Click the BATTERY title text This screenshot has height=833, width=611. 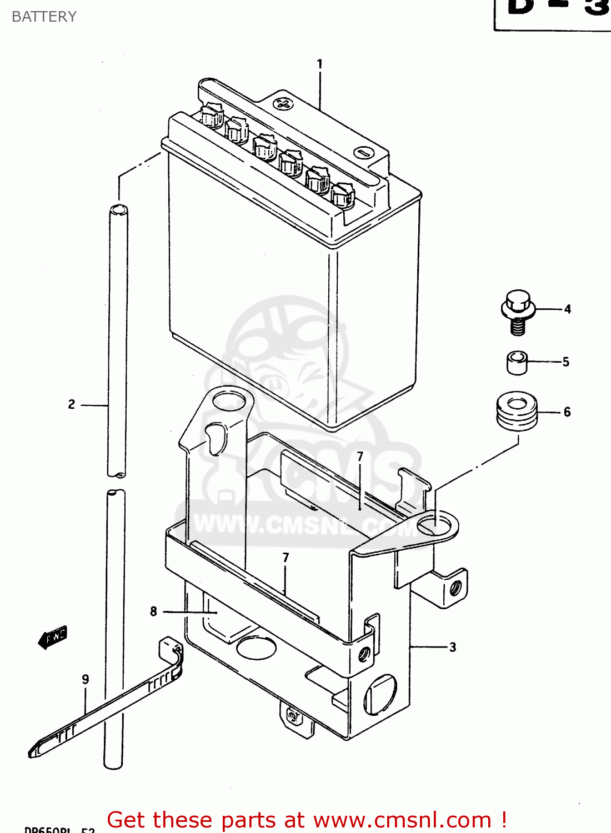point(44,17)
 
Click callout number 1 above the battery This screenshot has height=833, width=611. point(319,64)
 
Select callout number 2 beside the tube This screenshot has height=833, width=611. point(72,404)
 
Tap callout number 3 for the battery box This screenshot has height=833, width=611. point(453,647)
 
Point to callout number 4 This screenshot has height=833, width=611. point(567,309)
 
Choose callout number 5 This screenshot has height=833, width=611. point(565,362)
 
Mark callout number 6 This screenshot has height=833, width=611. point(567,412)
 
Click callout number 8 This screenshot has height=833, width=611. point(154,611)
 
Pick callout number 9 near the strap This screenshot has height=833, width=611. point(86,679)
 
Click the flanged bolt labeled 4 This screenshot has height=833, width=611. point(518,312)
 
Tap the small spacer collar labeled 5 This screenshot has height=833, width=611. point(517,362)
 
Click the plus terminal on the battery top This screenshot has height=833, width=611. point(283,103)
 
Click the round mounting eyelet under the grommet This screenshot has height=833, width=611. point(435,524)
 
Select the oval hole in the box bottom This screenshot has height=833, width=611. point(256,648)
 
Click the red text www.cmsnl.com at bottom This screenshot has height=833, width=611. point(402,820)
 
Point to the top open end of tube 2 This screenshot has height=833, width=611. point(118,210)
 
